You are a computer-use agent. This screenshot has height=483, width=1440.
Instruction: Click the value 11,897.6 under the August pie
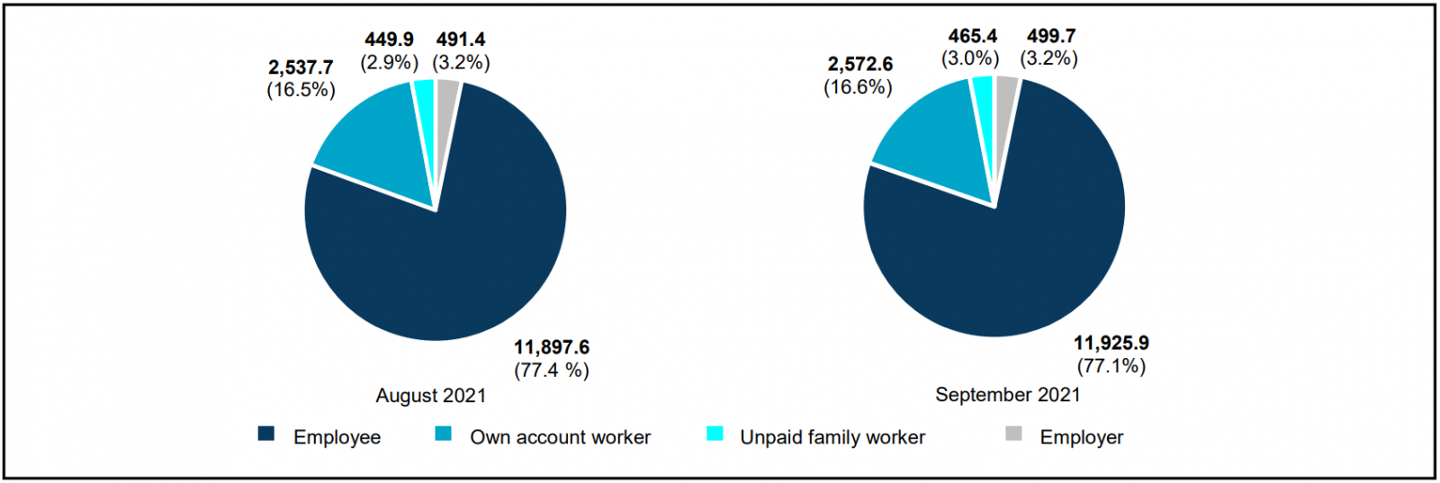click(552, 347)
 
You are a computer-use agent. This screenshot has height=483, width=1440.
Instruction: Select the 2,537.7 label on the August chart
click(301, 67)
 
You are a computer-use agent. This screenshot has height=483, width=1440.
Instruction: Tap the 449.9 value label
click(389, 40)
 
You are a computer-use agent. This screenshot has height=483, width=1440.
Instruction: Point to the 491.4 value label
click(461, 40)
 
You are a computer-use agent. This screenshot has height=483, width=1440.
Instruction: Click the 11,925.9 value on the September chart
click(1111, 344)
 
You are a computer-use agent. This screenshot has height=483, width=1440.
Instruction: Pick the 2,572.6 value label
click(859, 64)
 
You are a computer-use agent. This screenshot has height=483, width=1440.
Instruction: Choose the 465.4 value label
click(972, 36)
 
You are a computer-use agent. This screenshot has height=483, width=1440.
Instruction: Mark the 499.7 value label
click(1051, 36)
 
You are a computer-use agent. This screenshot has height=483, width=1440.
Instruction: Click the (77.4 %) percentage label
click(552, 370)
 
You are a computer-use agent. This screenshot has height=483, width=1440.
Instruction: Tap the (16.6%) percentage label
click(859, 87)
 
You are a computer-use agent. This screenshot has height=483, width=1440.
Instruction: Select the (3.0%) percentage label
click(970, 58)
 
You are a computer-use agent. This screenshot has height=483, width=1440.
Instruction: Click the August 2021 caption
click(431, 396)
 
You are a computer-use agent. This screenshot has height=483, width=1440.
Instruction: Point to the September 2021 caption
click(1007, 394)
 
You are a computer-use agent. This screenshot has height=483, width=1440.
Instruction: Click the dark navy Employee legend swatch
click(265, 434)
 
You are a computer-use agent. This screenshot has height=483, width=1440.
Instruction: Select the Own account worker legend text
click(560, 437)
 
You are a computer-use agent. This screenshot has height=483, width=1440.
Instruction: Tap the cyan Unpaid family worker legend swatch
click(715, 434)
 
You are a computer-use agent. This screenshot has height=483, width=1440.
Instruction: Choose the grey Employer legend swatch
click(1013, 434)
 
